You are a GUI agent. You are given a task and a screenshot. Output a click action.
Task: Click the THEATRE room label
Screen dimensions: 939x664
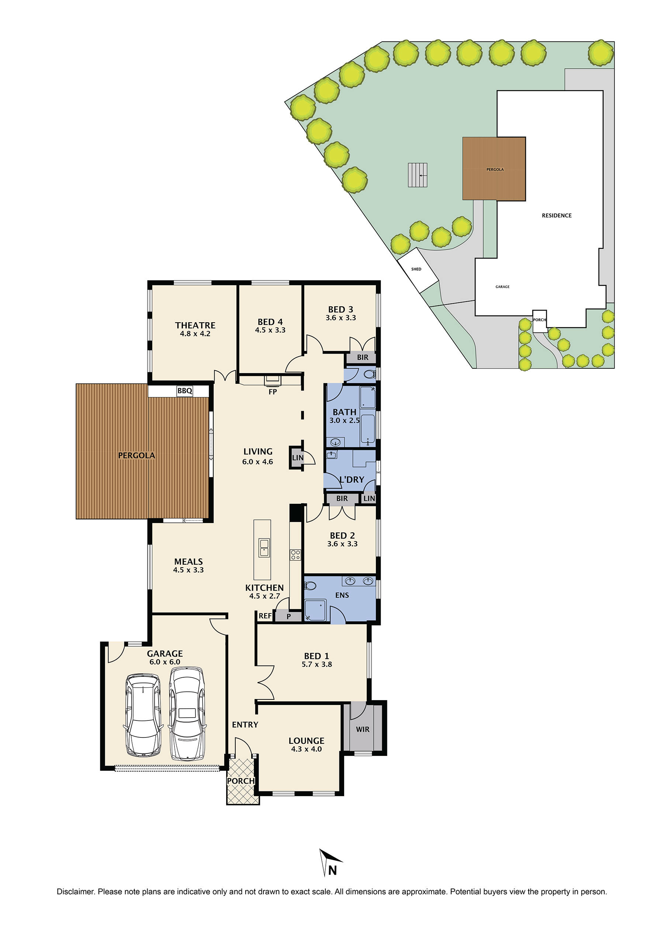[x=195, y=325]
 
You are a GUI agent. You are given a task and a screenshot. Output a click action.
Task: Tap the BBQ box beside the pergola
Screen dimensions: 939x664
[x=185, y=391]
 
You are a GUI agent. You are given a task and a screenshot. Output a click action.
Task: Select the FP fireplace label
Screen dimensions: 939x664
[x=273, y=392]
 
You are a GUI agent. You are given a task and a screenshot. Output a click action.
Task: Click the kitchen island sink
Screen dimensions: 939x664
[x=264, y=548]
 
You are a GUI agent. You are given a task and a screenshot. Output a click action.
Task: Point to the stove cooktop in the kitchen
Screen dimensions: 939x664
[x=295, y=555]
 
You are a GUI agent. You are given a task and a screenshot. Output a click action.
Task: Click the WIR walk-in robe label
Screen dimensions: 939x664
[x=363, y=729]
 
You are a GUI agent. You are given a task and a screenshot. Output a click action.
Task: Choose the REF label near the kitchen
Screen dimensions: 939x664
[x=265, y=616]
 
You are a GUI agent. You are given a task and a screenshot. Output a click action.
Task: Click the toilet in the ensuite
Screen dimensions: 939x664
[x=310, y=586]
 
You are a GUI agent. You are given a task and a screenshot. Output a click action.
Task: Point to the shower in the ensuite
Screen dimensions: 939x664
[x=316, y=610]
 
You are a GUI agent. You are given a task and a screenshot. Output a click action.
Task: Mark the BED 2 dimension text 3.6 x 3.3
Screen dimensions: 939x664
[x=342, y=544]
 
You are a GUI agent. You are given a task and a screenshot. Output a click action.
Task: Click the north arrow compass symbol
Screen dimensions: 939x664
[x=329, y=863]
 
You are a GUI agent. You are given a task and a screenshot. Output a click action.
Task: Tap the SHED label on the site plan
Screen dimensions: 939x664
[x=416, y=269]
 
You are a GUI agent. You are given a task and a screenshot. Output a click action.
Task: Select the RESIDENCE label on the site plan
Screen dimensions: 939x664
[x=556, y=216]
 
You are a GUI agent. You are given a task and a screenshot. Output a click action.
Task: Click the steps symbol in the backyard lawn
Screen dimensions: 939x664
[x=418, y=175]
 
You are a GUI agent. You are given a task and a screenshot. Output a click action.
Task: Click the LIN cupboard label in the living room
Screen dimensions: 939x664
[x=298, y=457]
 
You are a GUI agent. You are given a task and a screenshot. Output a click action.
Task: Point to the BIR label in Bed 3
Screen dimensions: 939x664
[x=363, y=357]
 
